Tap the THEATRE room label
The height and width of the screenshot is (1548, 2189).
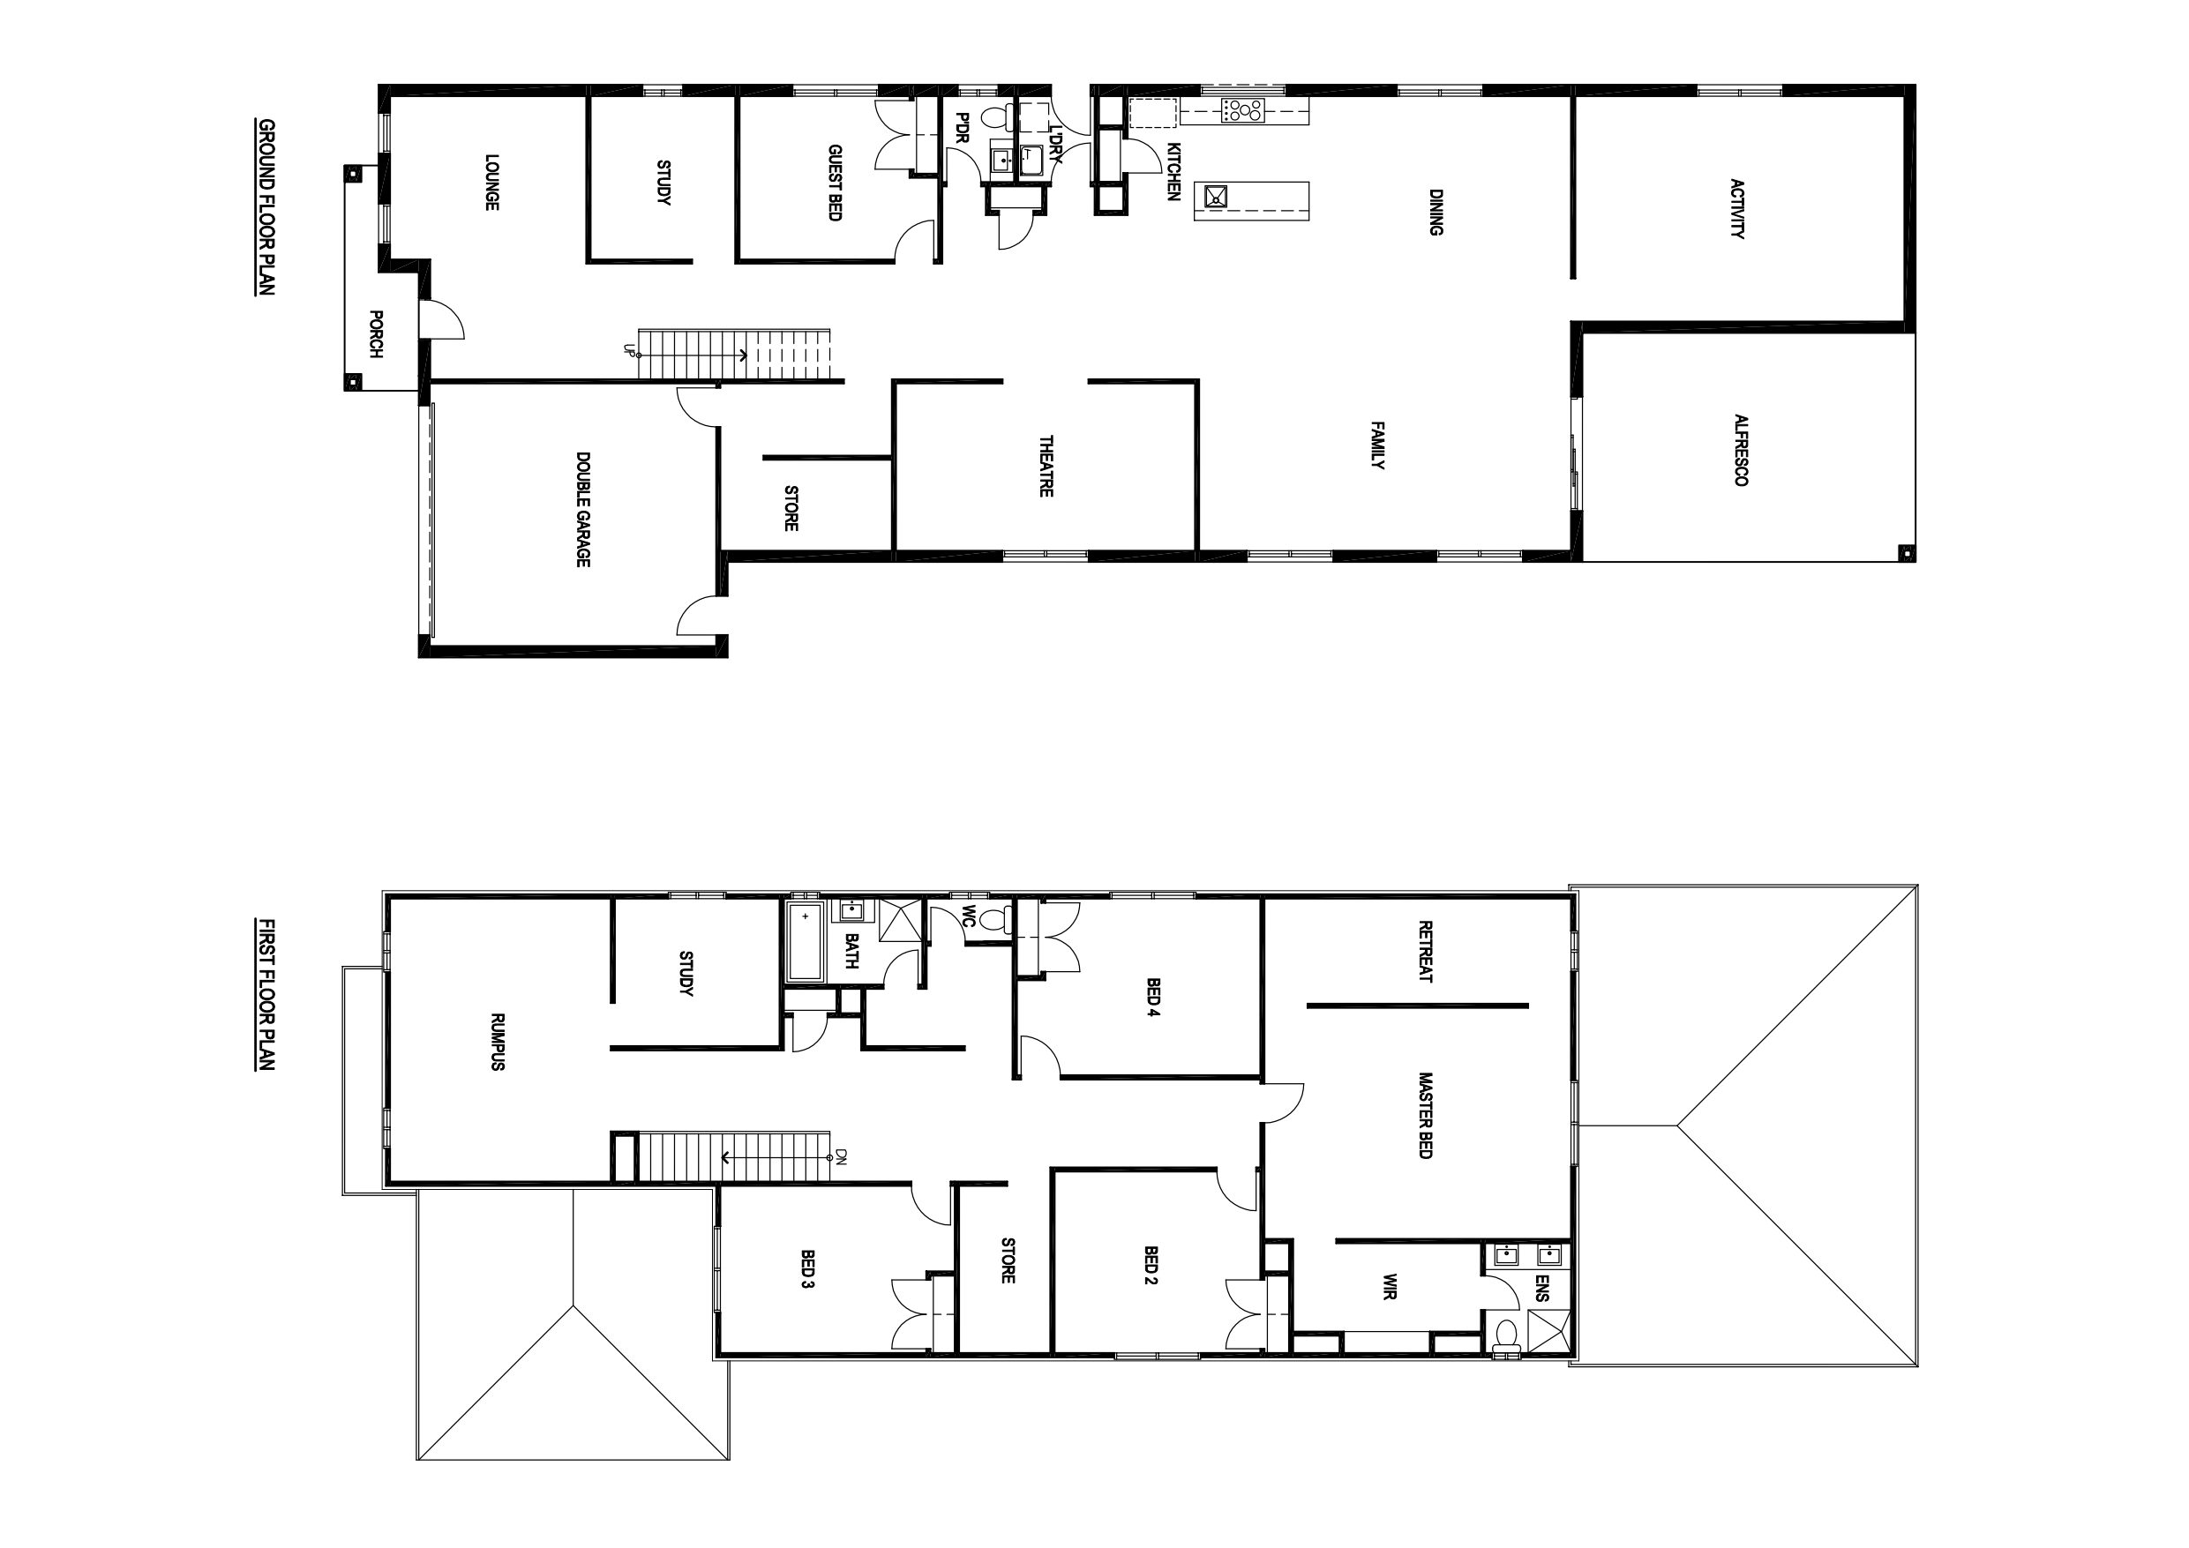coord(1046,466)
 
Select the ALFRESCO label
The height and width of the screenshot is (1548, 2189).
coord(1740,450)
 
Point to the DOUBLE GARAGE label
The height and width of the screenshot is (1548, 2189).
coord(582,509)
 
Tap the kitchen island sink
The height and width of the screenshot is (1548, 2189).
coord(1216,198)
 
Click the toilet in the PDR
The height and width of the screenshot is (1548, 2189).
coord(995,117)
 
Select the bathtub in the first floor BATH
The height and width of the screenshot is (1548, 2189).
coord(806,943)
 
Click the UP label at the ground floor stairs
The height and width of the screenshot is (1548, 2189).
coord(628,350)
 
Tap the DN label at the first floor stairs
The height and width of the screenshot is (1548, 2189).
coord(842,1158)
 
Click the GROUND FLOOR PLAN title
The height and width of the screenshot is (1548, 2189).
coord(266,207)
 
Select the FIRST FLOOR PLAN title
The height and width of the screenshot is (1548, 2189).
coord(266,994)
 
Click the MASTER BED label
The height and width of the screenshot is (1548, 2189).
coord(1425,1115)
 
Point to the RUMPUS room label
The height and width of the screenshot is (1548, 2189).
coord(497,1041)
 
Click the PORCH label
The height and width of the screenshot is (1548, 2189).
coord(376,333)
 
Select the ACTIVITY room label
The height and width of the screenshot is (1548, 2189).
coord(1737,209)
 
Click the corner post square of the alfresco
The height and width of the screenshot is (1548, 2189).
coord(1905,552)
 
